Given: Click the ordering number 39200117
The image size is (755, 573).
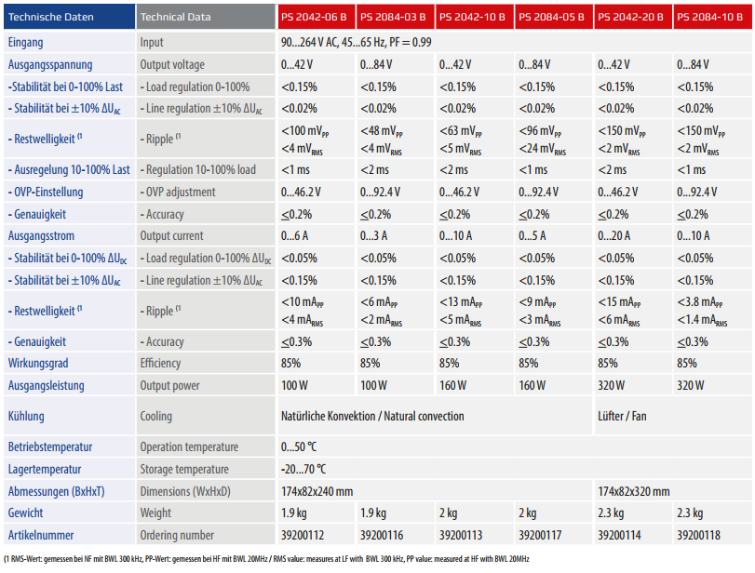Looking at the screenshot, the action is click(x=540, y=535).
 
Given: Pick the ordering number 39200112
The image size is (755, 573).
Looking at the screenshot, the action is click(x=303, y=535).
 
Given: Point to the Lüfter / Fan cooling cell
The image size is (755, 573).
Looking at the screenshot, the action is click(x=622, y=416).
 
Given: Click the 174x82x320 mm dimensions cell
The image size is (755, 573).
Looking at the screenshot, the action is click(x=634, y=491).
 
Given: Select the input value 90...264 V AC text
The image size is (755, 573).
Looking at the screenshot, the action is click(x=310, y=43).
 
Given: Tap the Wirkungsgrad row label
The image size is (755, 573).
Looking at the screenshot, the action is click(x=38, y=363).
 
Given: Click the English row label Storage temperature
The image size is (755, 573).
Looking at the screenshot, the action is click(x=184, y=469).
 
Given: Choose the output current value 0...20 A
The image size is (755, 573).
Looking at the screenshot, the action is click(x=613, y=235).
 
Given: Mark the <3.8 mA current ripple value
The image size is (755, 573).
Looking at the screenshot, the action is click(x=700, y=302).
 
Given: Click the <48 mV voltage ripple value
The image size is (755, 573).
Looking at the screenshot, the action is click(x=382, y=131).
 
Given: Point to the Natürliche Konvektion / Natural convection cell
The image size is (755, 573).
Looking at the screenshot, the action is click(x=372, y=416).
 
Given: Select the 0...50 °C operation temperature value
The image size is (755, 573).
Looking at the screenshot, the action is click(x=299, y=446).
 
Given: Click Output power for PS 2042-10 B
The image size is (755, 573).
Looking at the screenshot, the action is click(x=452, y=385).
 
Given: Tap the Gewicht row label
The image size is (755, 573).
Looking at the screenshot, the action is click(x=25, y=513).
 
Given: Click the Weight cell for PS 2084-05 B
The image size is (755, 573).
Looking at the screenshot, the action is click(x=528, y=513).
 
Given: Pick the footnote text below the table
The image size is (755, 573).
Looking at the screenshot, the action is click(x=267, y=559).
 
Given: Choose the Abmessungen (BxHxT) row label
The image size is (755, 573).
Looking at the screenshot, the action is click(x=57, y=491).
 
